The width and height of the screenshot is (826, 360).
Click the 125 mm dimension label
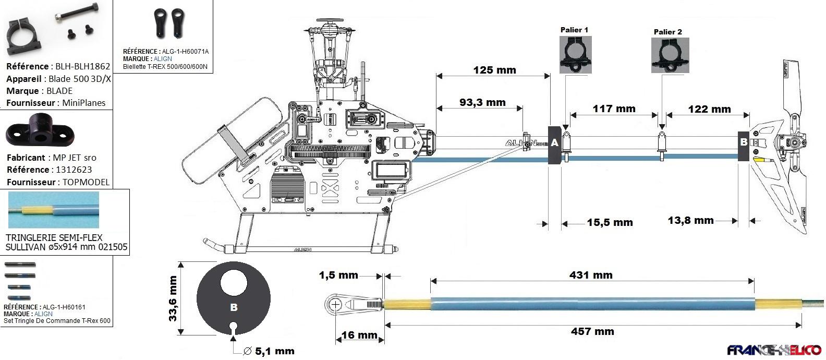point(494,70)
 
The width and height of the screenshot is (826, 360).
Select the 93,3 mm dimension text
point(482,102)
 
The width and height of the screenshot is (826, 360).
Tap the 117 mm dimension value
point(614,109)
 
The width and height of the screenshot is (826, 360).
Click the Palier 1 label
point(574,30)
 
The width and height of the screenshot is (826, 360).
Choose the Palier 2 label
point(667,32)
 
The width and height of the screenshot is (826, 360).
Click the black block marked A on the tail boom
point(554,144)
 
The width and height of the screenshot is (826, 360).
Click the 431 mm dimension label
point(591,275)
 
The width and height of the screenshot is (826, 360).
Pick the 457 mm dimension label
point(592,331)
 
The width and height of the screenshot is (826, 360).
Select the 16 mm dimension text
point(359,335)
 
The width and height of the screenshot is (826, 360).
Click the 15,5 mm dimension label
point(610,222)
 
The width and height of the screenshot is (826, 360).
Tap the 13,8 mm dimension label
point(690,220)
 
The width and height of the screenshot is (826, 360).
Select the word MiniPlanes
point(84,103)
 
